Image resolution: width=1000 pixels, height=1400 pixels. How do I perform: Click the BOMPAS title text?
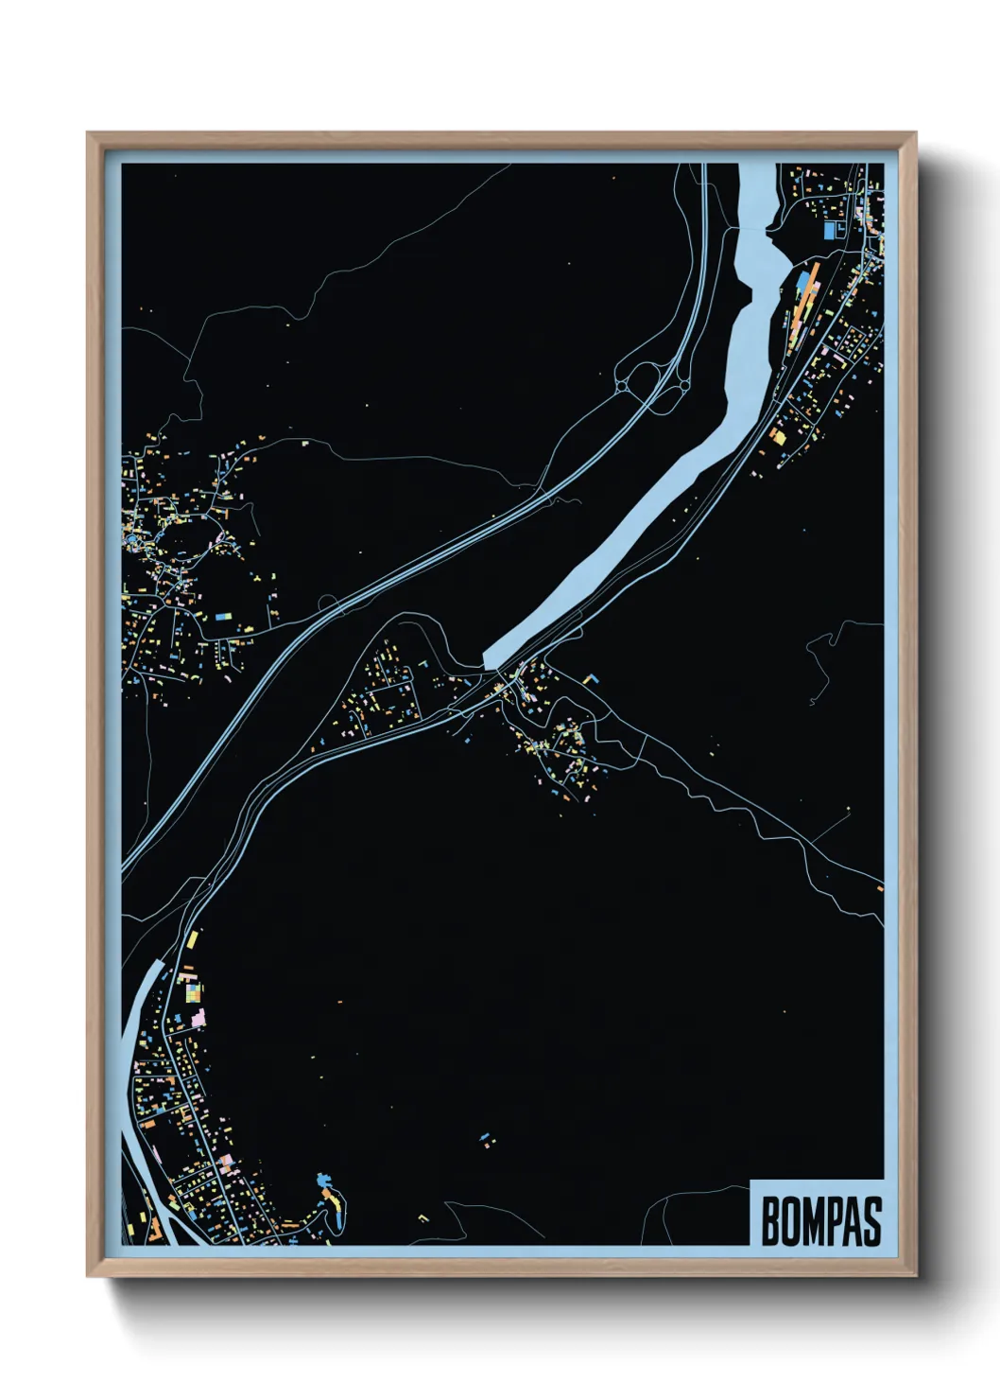[x=820, y=1221]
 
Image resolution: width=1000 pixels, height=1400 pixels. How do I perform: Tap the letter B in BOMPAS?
[x=769, y=1221]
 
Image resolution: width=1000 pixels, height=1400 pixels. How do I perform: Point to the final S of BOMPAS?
[x=872, y=1221]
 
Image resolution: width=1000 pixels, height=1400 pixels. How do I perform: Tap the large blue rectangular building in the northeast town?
[x=831, y=230]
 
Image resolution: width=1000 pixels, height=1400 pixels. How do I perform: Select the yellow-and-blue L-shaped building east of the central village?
[x=590, y=678]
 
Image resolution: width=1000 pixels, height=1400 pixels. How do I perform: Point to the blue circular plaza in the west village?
[x=130, y=539]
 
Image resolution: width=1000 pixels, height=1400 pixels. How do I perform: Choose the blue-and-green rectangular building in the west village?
[x=225, y=616]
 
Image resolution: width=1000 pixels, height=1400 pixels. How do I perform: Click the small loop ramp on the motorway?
[x=326, y=602]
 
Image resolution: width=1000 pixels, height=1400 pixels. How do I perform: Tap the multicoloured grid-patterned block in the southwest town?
[x=193, y=991]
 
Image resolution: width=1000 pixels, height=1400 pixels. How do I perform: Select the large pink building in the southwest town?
[x=198, y=1018]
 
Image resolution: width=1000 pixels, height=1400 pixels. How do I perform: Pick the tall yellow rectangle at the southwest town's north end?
[x=195, y=940]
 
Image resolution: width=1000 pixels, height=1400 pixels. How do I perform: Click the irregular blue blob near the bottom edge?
[x=324, y=1181]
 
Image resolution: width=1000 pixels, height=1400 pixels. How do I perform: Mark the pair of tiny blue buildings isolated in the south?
[x=486, y=1138]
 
